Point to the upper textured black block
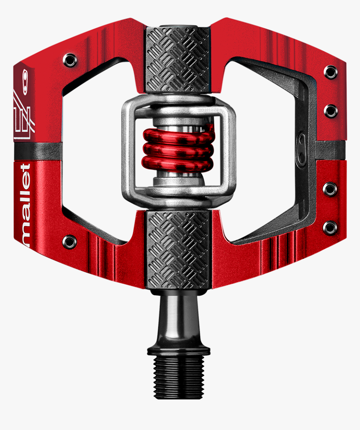tap(178, 59)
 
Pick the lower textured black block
tap(178, 250)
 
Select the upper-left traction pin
tap(70, 60)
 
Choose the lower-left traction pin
tap(69, 242)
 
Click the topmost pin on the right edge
tap(331, 72)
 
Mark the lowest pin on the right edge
tap(330, 228)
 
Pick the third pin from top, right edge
tap(330, 189)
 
